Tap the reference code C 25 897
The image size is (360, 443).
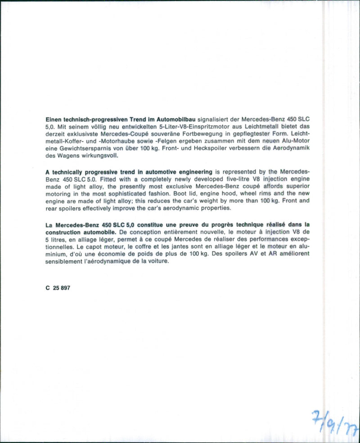coord(58,288)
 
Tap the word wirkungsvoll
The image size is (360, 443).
coord(98,156)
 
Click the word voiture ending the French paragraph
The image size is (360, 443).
coord(156,261)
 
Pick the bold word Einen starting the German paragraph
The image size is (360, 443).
coord(54,120)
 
